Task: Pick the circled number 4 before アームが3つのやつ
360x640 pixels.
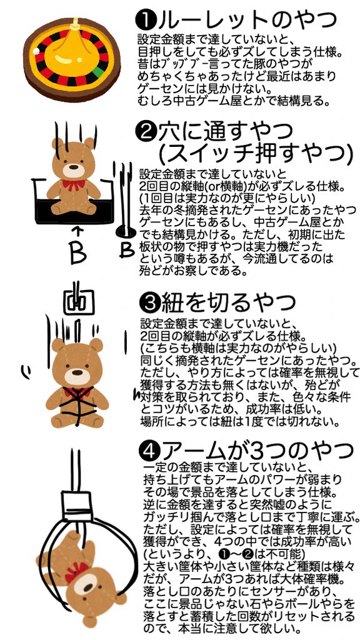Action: (x=152, y=447)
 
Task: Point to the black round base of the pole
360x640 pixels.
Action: (x=122, y=232)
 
